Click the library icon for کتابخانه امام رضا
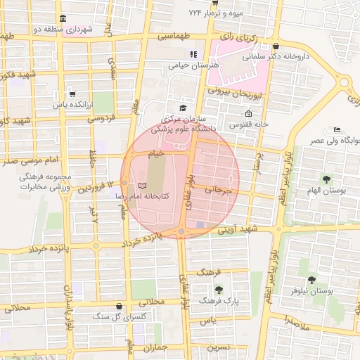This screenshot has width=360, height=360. (143, 185)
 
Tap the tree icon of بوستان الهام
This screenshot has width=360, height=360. (327, 179)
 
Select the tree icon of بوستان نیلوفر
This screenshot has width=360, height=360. (311, 280)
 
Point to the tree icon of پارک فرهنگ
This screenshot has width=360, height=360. (219, 289)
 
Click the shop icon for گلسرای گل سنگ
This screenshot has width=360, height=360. (124, 307)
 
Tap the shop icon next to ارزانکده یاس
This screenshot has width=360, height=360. (73, 93)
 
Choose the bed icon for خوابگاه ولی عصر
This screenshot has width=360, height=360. (337, 129)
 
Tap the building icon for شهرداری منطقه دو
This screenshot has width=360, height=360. (64, 18)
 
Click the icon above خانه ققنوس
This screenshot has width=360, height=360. (248, 114)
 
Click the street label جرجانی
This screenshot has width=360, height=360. (218, 189)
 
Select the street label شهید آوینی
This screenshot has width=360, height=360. (238, 229)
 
